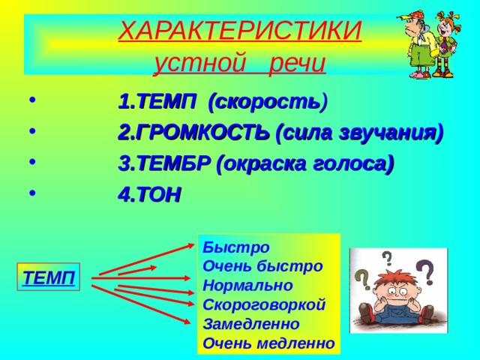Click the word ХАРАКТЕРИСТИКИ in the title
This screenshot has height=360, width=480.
click(240, 31)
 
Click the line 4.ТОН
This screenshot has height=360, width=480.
click(149, 195)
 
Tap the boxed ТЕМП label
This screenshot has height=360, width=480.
click(49, 278)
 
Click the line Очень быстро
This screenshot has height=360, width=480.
click(262, 265)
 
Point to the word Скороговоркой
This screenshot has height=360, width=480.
click(264, 304)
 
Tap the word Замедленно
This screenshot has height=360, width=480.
click(250, 324)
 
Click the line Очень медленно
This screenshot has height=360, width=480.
click(268, 343)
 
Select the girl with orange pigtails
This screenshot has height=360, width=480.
click(448, 45)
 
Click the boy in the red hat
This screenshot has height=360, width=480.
click(420, 45)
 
